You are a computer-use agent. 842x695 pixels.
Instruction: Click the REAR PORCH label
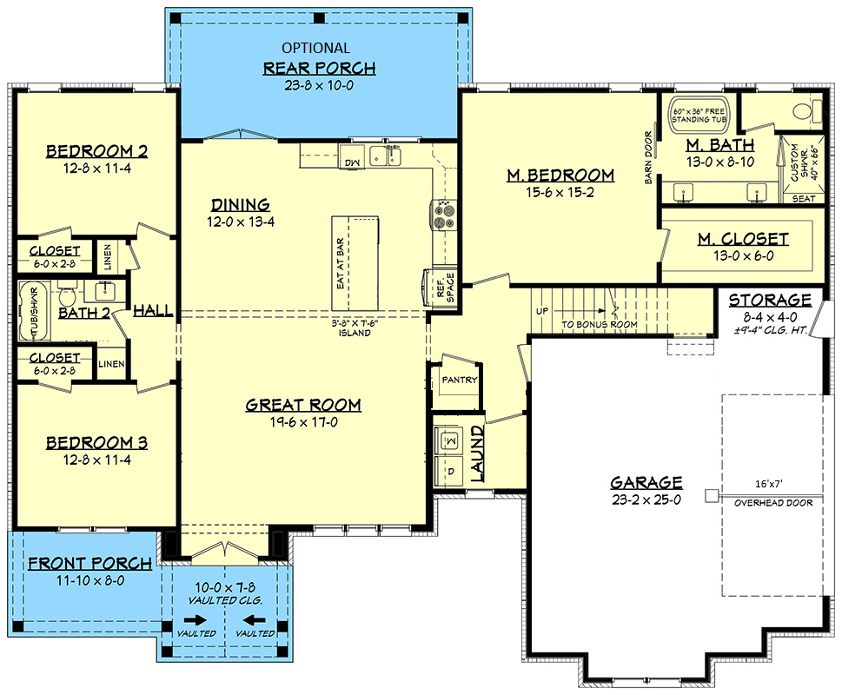pos(319,68)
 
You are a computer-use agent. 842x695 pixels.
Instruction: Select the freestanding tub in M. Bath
pos(698,115)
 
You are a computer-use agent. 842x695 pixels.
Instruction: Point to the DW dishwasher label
pos(352,163)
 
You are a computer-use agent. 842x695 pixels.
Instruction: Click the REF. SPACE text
pos(445,288)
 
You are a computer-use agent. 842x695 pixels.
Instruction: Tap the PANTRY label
pos(459,380)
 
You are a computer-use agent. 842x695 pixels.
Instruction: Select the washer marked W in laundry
pos(450,440)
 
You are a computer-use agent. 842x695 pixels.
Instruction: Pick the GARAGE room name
pos(646,482)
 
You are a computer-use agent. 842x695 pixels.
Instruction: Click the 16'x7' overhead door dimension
pos(768,484)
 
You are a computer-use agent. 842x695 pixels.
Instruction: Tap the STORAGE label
pos(770,300)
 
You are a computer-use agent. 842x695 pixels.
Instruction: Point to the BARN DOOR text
pos(648,158)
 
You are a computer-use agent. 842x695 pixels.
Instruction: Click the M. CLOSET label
pos(743,239)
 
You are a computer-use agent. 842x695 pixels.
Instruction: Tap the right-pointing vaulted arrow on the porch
pos(196,620)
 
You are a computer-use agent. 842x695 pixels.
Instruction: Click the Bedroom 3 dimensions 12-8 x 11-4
pos(96,460)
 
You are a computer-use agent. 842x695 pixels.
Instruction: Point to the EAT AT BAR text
pos(340,264)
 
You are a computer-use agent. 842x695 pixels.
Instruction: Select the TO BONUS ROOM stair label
pos(600,325)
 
